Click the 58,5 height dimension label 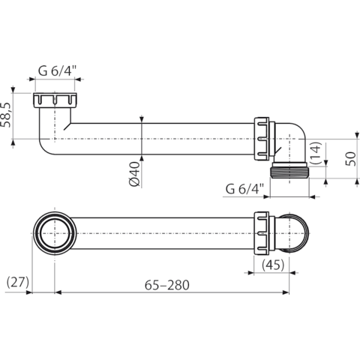click(7, 115)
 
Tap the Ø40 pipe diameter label click(135, 174)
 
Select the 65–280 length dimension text click(167, 285)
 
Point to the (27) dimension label click(18, 282)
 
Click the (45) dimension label click(273, 265)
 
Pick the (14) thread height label click(315, 153)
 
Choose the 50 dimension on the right click(350, 158)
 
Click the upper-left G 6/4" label click(57, 71)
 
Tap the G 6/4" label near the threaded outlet click(244, 189)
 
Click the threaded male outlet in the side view click(290, 170)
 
